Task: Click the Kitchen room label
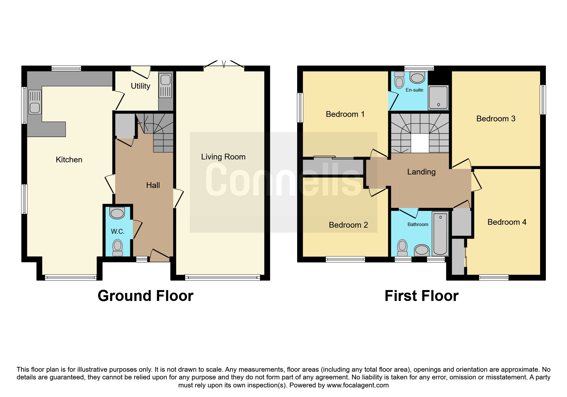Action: pos(69,159)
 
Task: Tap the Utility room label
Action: pos(141,86)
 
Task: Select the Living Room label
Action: pos(223,157)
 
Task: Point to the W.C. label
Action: pos(117,231)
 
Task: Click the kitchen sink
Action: pos(35,102)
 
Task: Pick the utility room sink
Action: pos(166,86)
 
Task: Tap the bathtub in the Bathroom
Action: pos(440,234)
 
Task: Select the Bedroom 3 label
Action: pos(496,119)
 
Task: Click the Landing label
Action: pos(421,172)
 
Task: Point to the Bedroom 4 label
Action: pos(507,222)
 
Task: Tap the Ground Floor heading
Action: pos(145,296)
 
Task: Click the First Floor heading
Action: pos(421,296)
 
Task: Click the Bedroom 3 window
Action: pos(543,100)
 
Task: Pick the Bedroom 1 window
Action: pos(300,108)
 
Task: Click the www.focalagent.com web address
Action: pos(358,385)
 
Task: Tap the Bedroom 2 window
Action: pos(345,259)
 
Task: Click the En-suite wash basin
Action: pos(417,77)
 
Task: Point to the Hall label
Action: pos(153,185)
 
